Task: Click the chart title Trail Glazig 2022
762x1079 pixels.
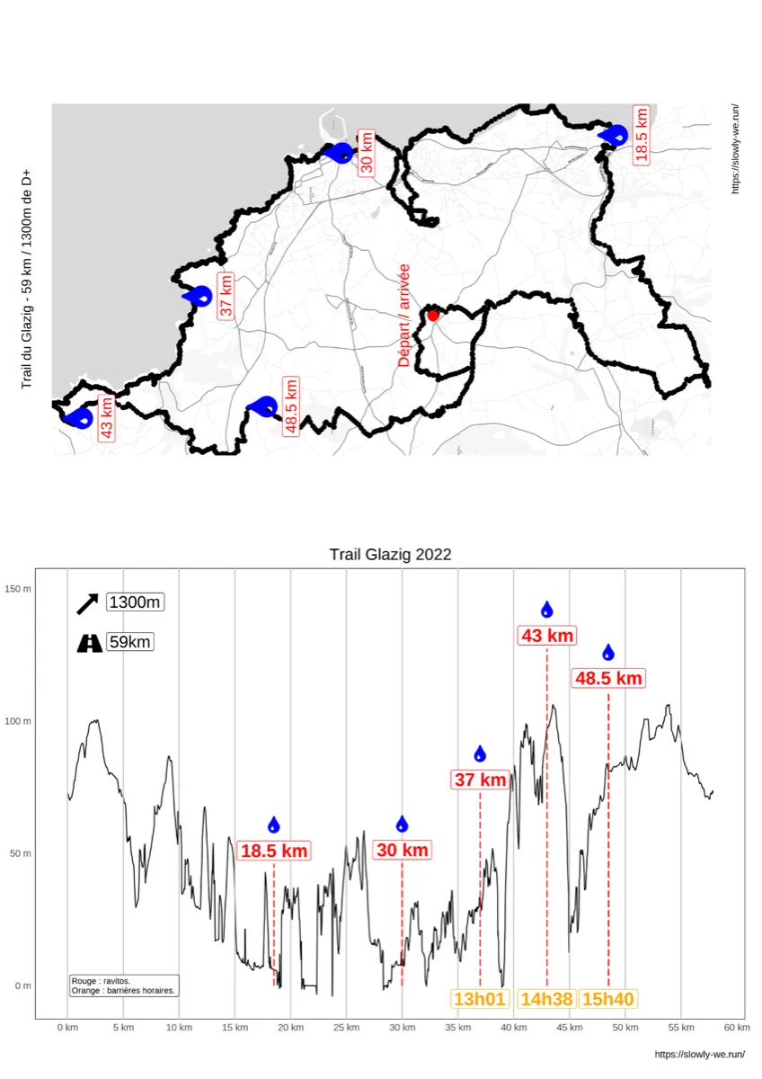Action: [390, 554]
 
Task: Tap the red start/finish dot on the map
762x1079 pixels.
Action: [433, 315]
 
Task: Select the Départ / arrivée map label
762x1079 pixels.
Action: [404, 315]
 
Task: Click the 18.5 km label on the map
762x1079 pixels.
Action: [641, 135]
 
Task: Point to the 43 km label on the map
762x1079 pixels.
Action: [107, 418]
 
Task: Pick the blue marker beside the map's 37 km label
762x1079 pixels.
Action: [199, 296]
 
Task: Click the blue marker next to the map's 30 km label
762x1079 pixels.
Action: [340, 153]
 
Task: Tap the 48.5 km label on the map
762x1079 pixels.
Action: [290, 406]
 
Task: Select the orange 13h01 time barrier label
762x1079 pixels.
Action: [481, 998]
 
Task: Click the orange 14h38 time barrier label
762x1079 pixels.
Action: [547, 998]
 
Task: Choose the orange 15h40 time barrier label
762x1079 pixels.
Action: [608, 998]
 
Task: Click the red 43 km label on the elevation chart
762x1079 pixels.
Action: [547, 636]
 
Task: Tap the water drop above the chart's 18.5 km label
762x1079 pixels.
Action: [274, 825]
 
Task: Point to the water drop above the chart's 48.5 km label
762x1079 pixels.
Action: [608, 653]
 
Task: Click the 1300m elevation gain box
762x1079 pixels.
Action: [135, 602]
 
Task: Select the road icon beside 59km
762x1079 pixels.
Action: [89, 643]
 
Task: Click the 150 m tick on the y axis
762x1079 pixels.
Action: [19, 589]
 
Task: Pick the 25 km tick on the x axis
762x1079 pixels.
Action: [346, 1028]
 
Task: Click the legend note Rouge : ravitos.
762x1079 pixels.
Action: [101, 981]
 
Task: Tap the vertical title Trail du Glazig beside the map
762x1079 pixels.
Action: [27, 279]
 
